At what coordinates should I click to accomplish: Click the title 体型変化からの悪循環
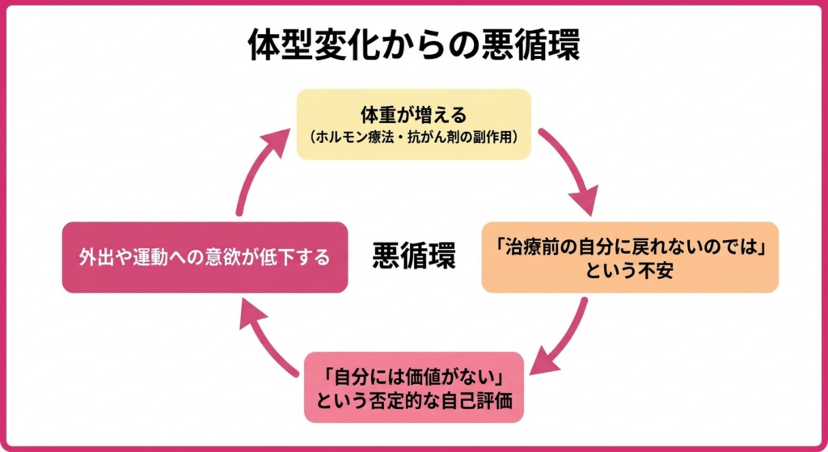point(413,46)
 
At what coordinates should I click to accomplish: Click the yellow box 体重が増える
point(413,124)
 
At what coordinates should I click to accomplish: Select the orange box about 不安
point(629,257)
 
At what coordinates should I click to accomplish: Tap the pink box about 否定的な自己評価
point(413,387)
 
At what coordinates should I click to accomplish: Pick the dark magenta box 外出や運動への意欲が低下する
point(205,257)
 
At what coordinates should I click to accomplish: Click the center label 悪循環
point(413,257)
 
